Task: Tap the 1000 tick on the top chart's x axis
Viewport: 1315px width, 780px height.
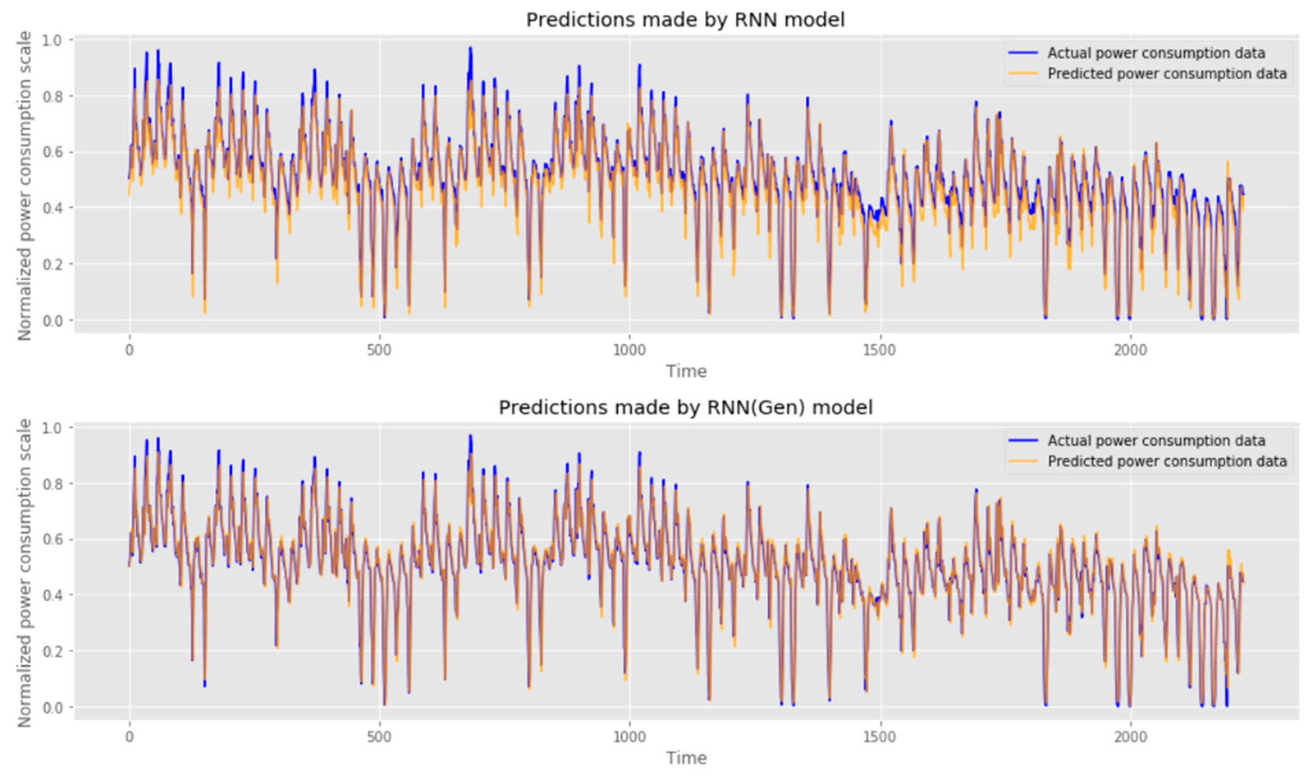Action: coord(629,349)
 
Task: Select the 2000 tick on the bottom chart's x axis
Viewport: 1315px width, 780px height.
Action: coord(1130,736)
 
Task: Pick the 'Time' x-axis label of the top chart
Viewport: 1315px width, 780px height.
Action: coord(686,371)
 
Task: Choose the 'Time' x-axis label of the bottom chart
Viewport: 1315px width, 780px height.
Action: coord(686,758)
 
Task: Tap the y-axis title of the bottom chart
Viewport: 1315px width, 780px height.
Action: coord(25,573)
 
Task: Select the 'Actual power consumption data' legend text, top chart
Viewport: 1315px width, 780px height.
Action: coord(1156,53)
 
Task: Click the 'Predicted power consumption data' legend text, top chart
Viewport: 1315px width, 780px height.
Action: coord(1167,74)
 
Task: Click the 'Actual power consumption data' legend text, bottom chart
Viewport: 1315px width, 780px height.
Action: coord(1156,440)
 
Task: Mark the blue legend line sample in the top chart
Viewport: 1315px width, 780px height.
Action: coord(1022,53)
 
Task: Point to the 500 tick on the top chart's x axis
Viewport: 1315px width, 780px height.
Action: coord(379,349)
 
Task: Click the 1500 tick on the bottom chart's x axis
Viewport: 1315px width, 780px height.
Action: coord(879,736)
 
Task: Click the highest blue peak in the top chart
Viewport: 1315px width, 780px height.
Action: coord(470,48)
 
